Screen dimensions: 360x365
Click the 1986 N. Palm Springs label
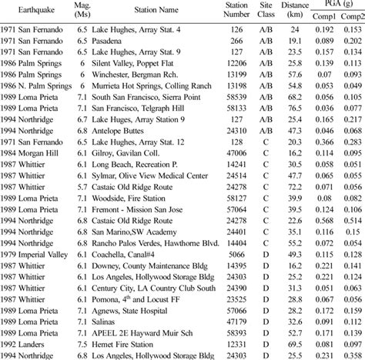coord(34,87)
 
